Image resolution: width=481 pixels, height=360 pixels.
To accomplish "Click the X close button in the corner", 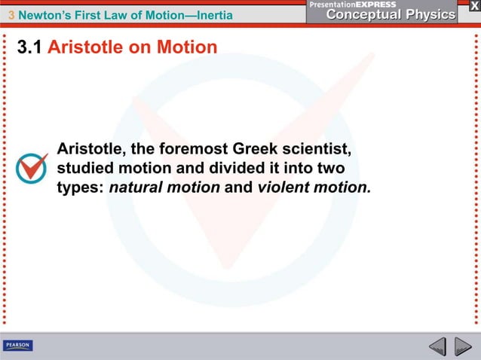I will pyautogui.click(x=470, y=7).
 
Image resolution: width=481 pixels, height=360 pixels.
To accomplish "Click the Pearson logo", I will pyautogui.click(x=18, y=346).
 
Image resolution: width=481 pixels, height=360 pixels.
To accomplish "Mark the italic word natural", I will pyautogui.click(x=136, y=187).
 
